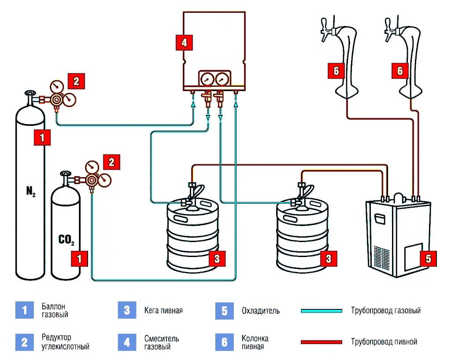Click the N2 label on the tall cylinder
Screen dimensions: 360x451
[31, 191]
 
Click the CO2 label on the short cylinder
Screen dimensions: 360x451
[66, 240]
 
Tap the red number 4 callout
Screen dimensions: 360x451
[184, 42]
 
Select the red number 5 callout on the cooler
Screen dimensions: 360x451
[428, 258]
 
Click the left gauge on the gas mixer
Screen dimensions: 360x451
[205, 79]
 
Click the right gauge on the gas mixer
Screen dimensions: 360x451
[221, 79]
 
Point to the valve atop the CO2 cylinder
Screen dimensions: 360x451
[66, 175]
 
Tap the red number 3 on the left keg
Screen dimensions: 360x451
[217, 258]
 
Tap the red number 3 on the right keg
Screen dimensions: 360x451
[328, 258]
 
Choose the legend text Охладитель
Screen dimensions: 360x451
[260, 311]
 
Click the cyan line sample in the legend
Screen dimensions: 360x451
[322, 311]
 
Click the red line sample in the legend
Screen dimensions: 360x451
[322, 342]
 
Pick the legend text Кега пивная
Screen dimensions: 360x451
[163, 310]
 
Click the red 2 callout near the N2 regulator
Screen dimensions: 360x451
[76, 81]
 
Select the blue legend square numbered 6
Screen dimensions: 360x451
[225, 342]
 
